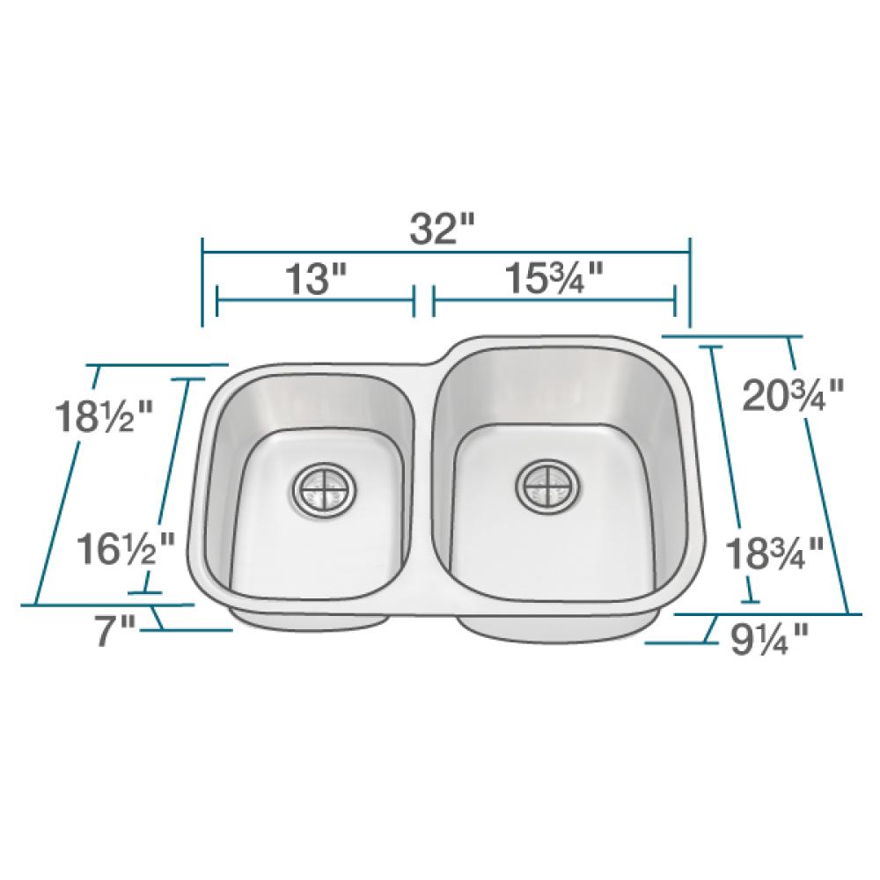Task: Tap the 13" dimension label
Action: click(x=315, y=281)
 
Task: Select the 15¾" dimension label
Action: click(x=554, y=281)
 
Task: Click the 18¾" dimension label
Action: click(x=774, y=554)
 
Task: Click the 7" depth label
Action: click(x=115, y=631)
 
